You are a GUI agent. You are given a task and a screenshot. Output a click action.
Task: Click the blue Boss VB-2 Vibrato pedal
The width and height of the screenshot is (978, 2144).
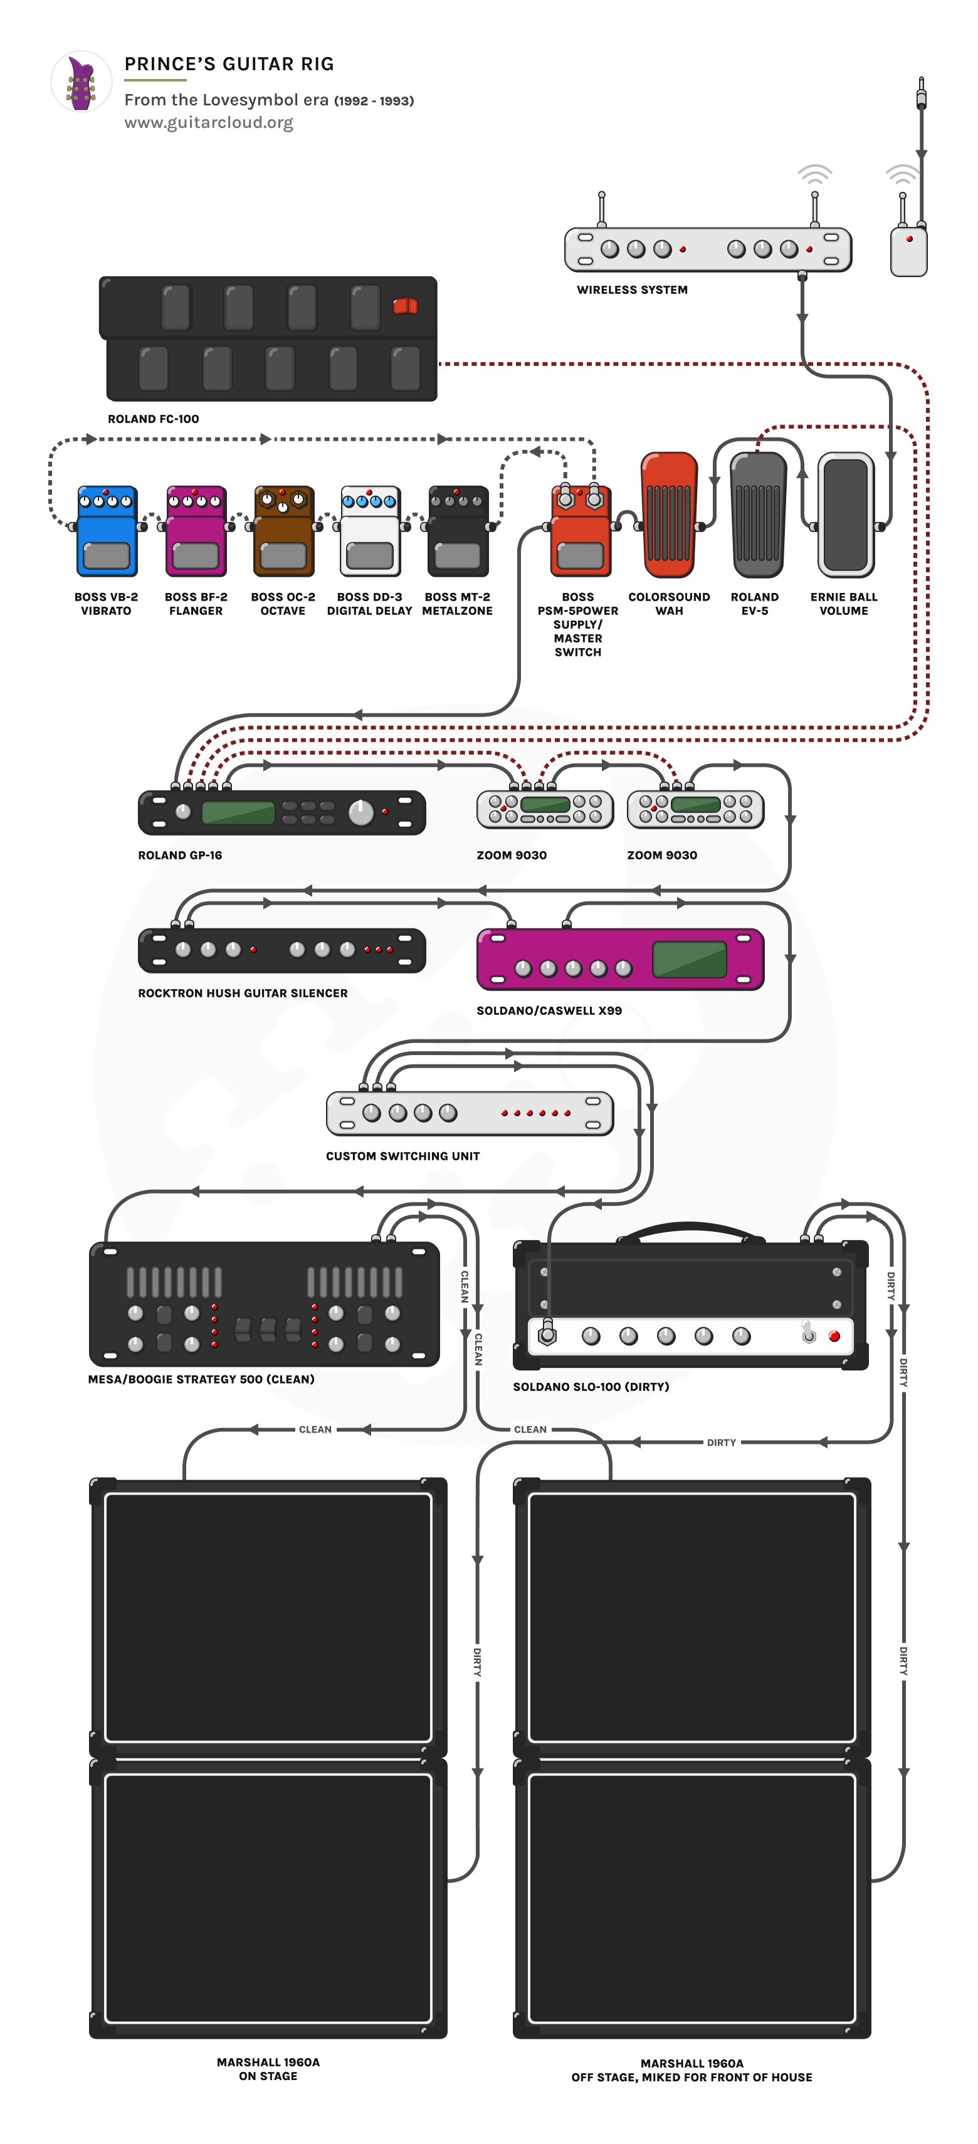(x=107, y=533)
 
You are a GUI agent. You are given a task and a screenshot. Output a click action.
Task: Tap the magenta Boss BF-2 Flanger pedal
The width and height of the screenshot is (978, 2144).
(x=196, y=533)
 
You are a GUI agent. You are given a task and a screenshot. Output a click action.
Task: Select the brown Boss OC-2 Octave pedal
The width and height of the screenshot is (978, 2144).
(x=283, y=533)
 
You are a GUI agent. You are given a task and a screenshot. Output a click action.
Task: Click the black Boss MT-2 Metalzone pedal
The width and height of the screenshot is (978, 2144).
(x=458, y=533)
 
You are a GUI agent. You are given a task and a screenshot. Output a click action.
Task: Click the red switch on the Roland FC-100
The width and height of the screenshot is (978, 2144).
(x=406, y=307)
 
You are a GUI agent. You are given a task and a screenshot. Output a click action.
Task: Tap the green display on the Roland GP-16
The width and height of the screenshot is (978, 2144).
(x=238, y=812)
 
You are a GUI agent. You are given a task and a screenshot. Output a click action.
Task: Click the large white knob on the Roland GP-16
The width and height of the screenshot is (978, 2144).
(x=360, y=812)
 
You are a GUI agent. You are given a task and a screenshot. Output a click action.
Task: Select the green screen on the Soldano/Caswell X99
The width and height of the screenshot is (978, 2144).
(x=689, y=960)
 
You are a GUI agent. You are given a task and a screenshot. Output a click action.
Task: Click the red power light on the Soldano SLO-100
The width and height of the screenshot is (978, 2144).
(x=834, y=1337)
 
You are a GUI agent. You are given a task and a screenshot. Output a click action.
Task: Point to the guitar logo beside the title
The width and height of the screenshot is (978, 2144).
(x=81, y=82)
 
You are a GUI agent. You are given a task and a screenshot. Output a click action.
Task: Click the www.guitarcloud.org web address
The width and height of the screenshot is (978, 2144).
(x=209, y=122)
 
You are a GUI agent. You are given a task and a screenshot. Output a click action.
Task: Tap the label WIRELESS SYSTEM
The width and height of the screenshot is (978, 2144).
(x=632, y=290)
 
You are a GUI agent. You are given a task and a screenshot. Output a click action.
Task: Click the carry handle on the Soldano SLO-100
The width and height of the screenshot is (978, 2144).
(x=689, y=1229)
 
